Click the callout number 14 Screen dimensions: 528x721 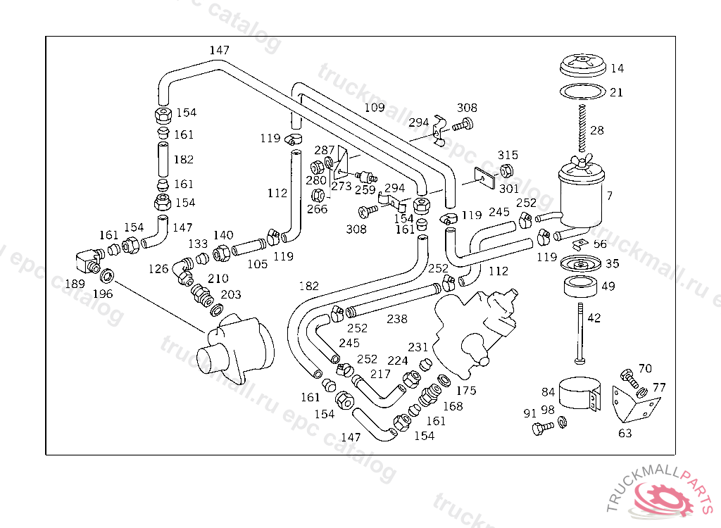click(617, 68)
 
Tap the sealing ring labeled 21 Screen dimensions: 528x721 click(582, 92)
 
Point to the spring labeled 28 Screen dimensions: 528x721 click(583, 130)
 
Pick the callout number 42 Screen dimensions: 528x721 click(594, 318)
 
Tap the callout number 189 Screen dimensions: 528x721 click(75, 283)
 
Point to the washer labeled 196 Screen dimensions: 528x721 click(107, 275)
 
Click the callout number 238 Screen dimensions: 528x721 click(396, 319)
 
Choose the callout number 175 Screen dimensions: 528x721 click(465, 390)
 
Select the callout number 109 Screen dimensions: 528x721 click(375, 108)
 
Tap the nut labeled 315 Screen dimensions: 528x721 click(506, 170)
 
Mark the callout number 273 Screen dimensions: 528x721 click(341, 187)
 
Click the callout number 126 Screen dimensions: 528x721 click(158, 269)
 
